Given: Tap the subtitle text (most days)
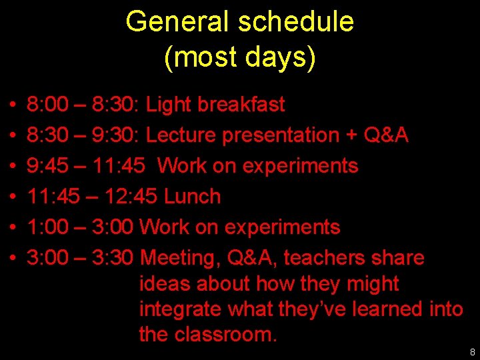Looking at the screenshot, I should point(239,58).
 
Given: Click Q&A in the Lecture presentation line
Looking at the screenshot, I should point(386,135).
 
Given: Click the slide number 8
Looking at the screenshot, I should point(472,351).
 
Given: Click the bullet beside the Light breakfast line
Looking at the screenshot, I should point(13,105).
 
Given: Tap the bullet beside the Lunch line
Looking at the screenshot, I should point(13,197).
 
